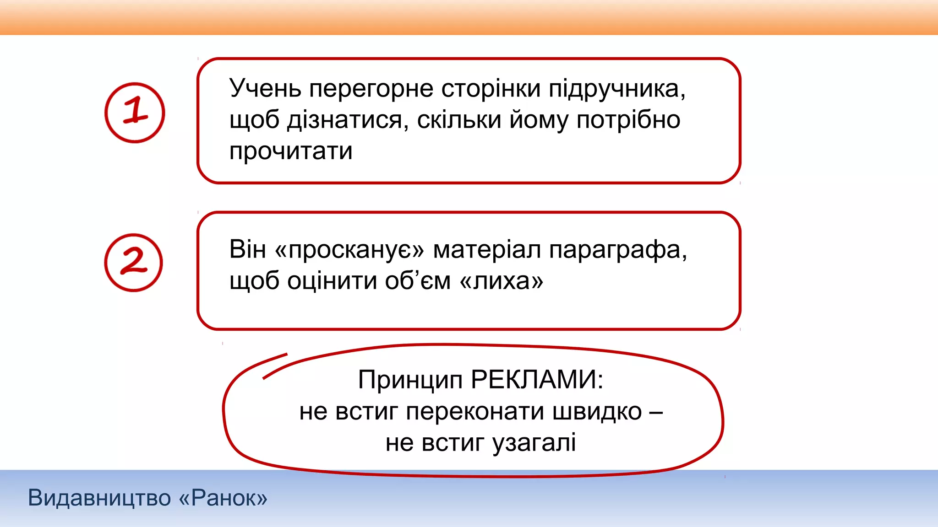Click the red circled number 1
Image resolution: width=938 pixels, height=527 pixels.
[135, 113]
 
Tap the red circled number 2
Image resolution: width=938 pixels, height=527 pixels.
[133, 263]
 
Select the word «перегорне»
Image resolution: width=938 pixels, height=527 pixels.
[371, 89]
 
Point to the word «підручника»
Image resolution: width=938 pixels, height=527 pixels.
[617, 89]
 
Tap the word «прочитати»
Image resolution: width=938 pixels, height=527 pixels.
[291, 151]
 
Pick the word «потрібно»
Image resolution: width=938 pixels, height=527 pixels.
[628, 120]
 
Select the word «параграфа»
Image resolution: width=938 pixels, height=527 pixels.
[618, 250]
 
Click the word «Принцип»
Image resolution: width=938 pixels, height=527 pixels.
[410, 380]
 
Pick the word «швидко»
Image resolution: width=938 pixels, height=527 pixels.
[597, 411]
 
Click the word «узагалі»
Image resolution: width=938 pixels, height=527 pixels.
[534, 443]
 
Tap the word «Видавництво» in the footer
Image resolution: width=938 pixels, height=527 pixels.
[99, 498]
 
